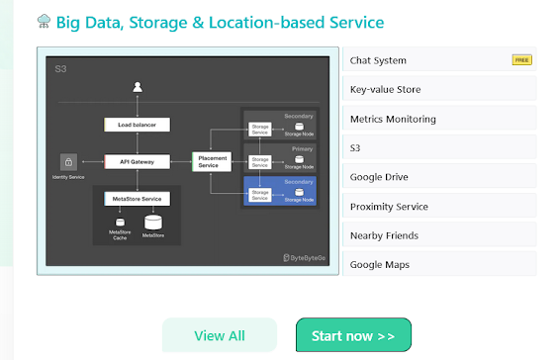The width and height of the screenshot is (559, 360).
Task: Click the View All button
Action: click(x=220, y=335)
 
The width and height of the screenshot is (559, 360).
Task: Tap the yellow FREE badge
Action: click(x=521, y=60)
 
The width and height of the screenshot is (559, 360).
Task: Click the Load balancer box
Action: click(x=137, y=125)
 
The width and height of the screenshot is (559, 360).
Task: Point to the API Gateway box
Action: click(x=137, y=160)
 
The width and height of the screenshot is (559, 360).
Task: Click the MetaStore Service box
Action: click(x=137, y=199)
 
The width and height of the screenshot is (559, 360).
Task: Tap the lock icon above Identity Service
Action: click(x=69, y=160)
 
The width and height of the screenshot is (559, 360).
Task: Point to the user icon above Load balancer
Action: click(x=137, y=89)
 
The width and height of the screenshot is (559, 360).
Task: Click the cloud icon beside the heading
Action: click(x=44, y=21)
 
